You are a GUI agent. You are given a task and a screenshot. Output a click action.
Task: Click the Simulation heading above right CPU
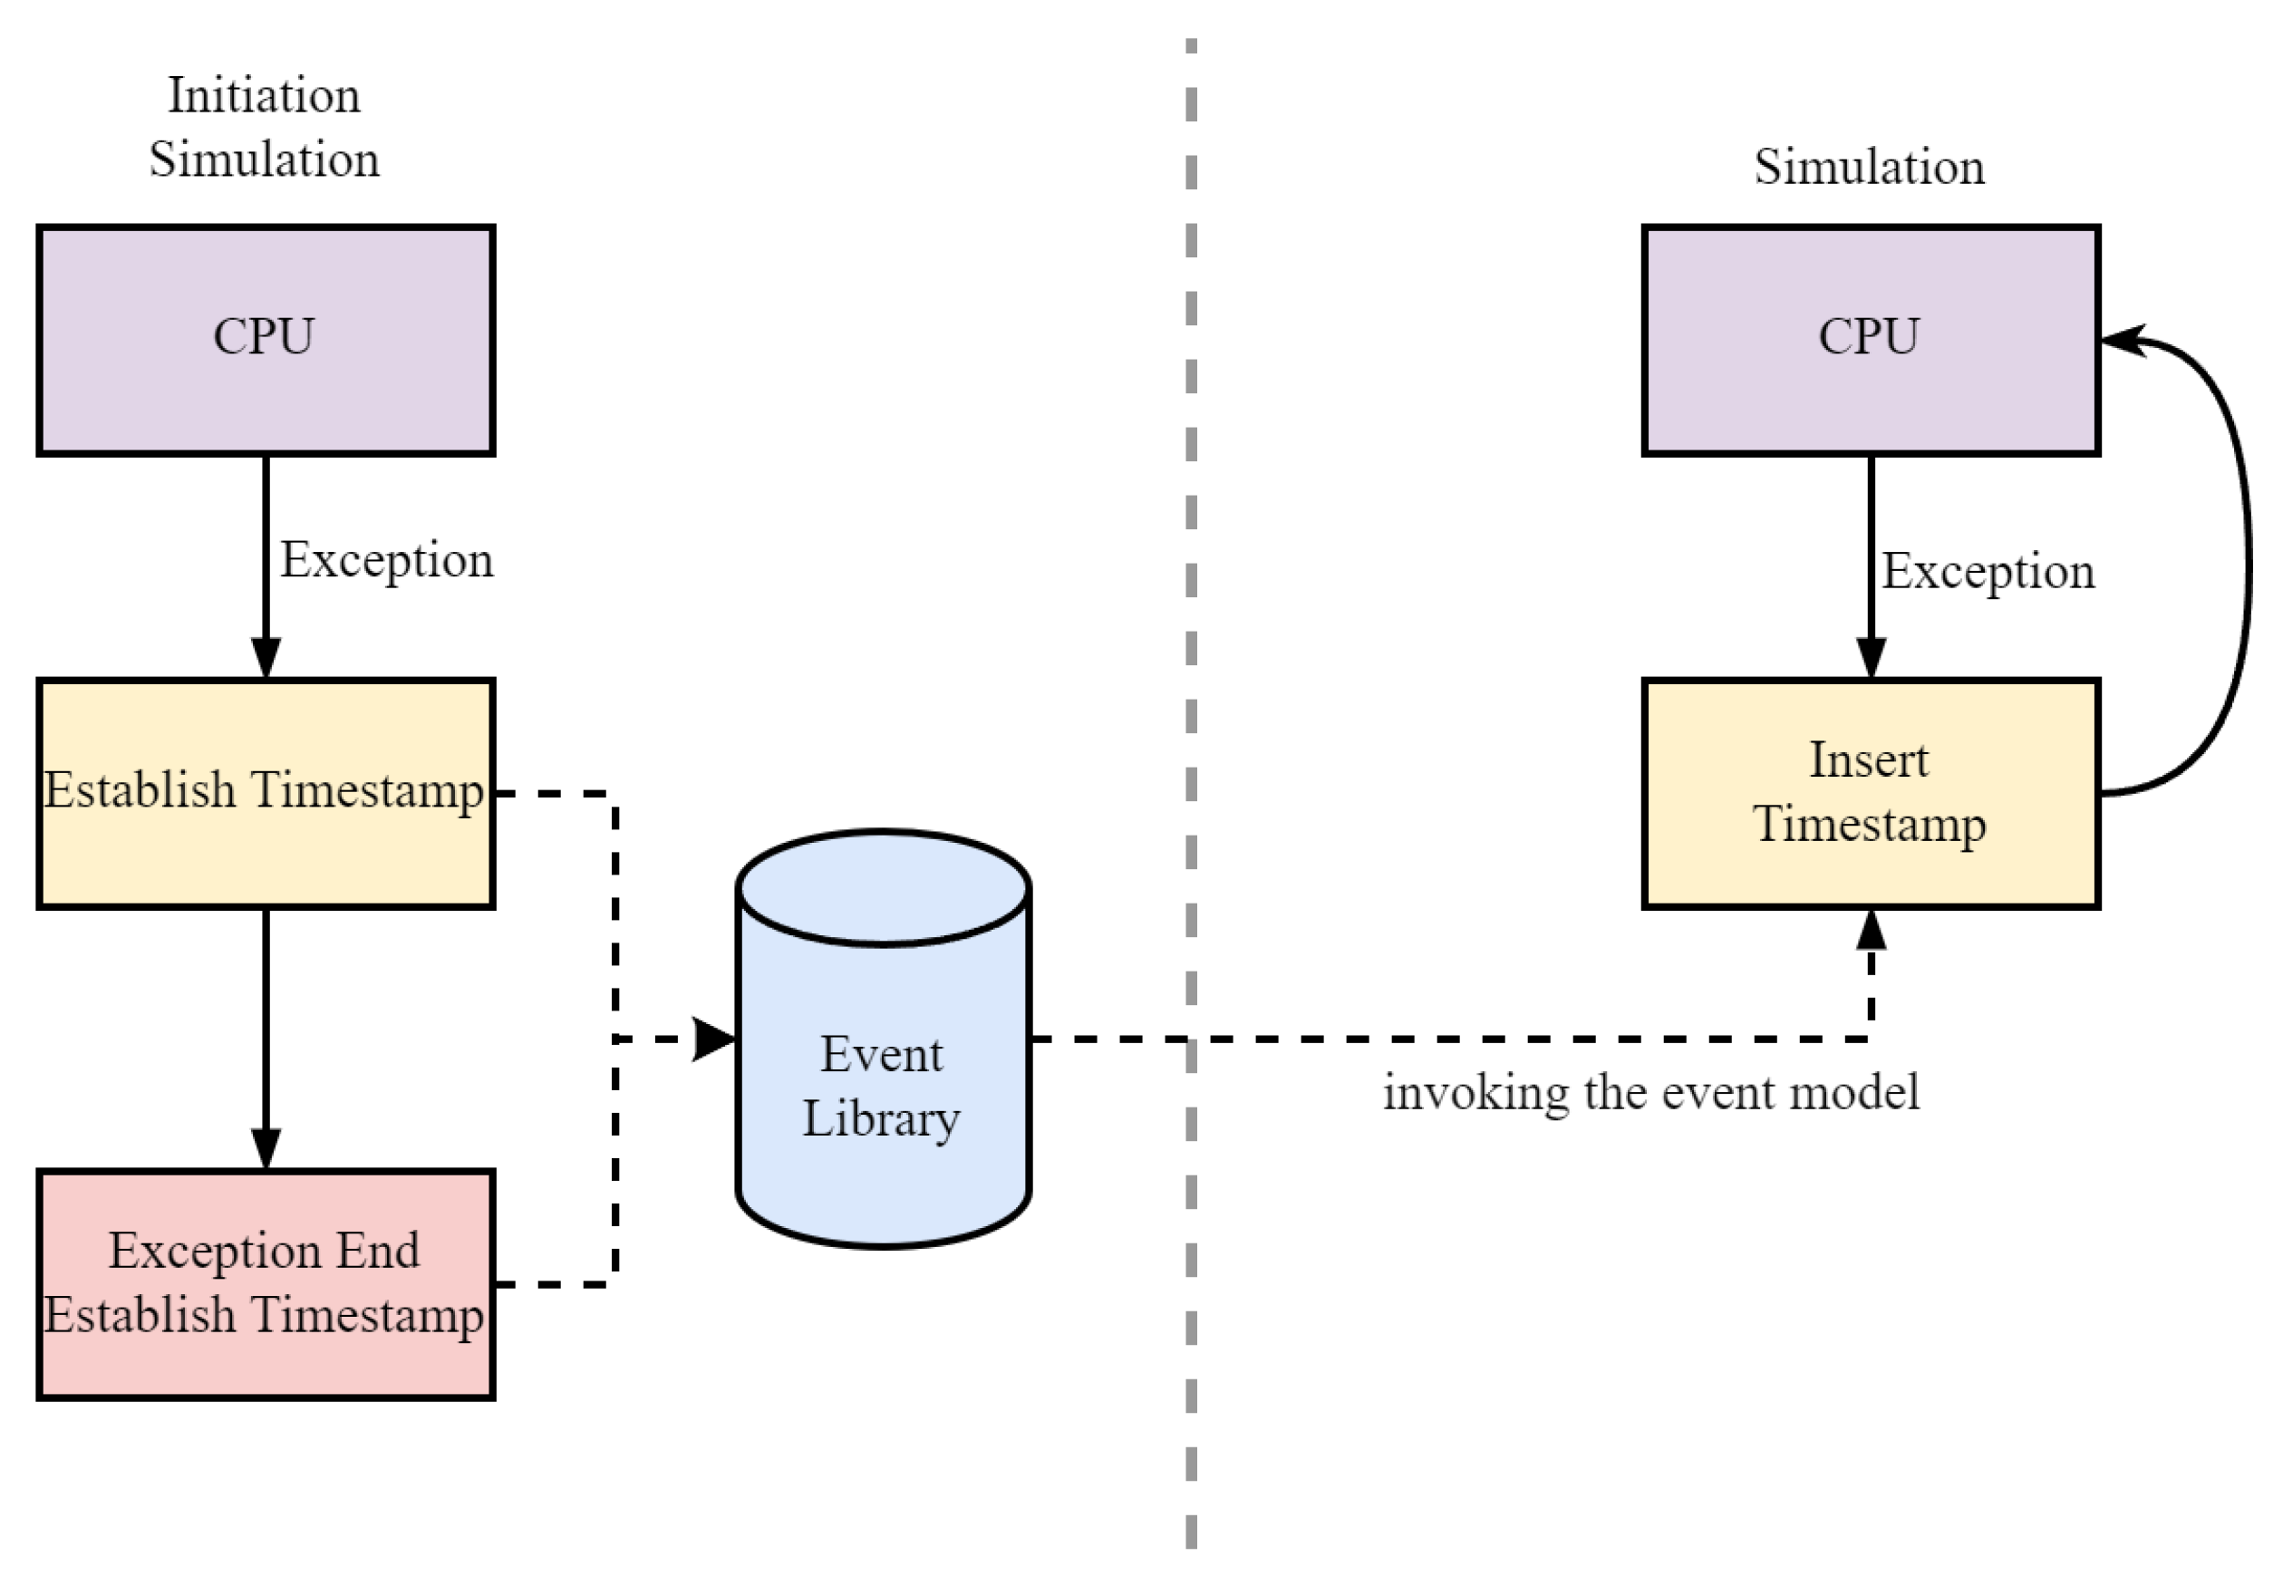1868,166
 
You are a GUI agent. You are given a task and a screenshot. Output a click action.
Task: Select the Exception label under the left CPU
386,560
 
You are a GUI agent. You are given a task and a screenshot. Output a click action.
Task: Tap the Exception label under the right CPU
1987,571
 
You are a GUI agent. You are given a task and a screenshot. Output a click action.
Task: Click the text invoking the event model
1650,1093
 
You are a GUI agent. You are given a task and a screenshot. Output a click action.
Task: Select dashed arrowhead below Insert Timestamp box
1871,931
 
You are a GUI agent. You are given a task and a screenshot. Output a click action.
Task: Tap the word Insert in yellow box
1867,760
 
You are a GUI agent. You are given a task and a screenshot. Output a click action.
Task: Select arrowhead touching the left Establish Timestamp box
266,657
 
